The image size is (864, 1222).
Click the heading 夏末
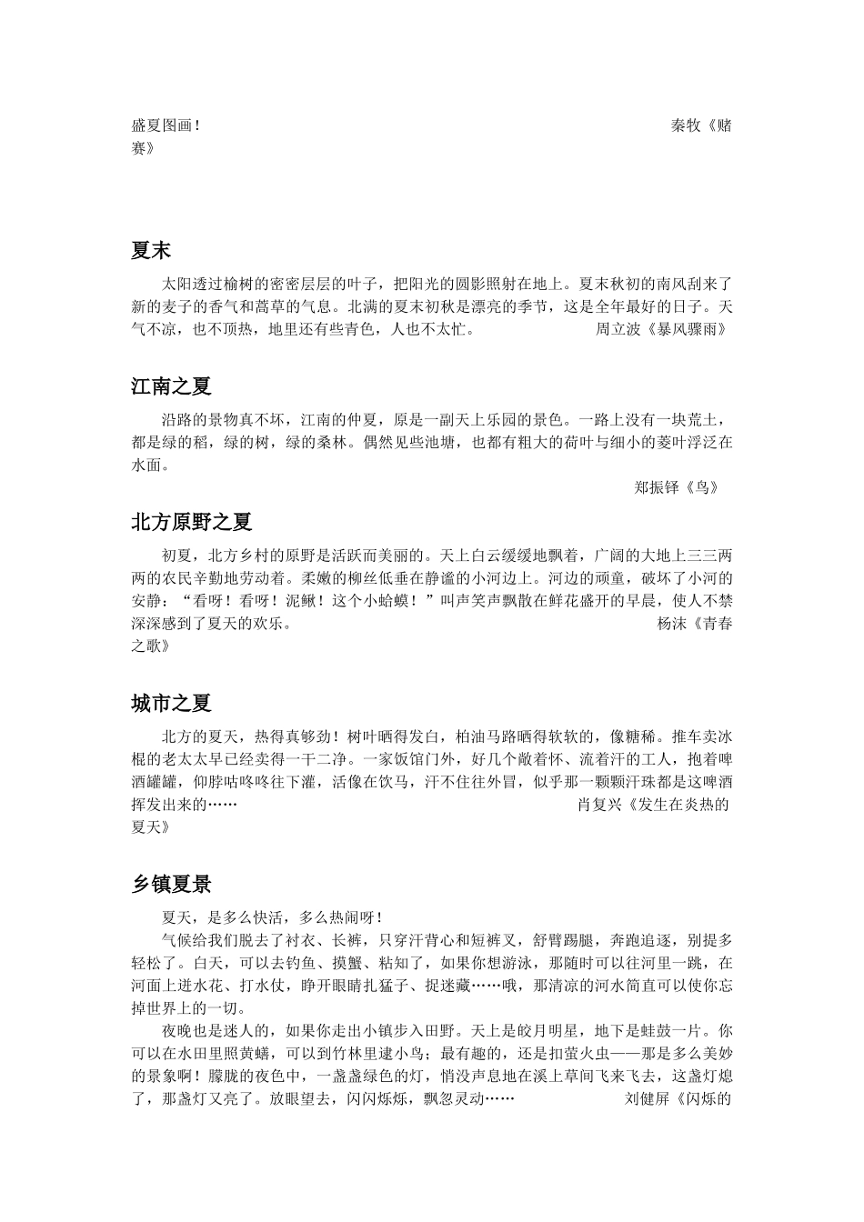pos(151,251)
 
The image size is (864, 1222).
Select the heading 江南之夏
pos(171,386)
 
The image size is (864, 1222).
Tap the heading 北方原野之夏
pos(191,522)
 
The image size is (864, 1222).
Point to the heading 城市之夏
pos(171,703)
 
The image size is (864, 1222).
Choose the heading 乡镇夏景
pos(171,883)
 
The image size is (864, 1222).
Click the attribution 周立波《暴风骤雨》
pos(661,329)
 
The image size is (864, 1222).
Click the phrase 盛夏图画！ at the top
pos(166,125)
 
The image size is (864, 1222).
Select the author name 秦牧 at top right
pos(686,125)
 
